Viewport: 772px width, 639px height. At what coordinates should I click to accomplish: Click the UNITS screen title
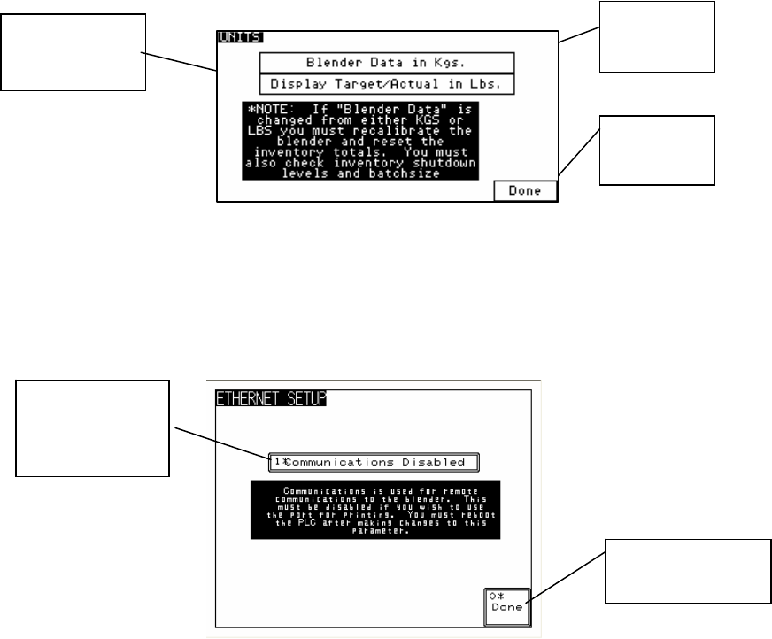click(x=235, y=39)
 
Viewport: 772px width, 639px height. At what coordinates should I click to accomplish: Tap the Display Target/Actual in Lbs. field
click(x=387, y=84)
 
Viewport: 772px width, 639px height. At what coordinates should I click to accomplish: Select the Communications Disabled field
click(x=374, y=462)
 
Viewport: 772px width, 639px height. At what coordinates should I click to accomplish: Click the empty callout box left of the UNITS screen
click(x=73, y=52)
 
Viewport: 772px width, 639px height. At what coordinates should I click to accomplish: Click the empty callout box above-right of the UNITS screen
click(x=656, y=37)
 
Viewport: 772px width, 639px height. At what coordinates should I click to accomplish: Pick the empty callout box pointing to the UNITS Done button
click(x=657, y=150)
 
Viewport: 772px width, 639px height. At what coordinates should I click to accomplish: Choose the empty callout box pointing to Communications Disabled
click(x=93, y=427)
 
